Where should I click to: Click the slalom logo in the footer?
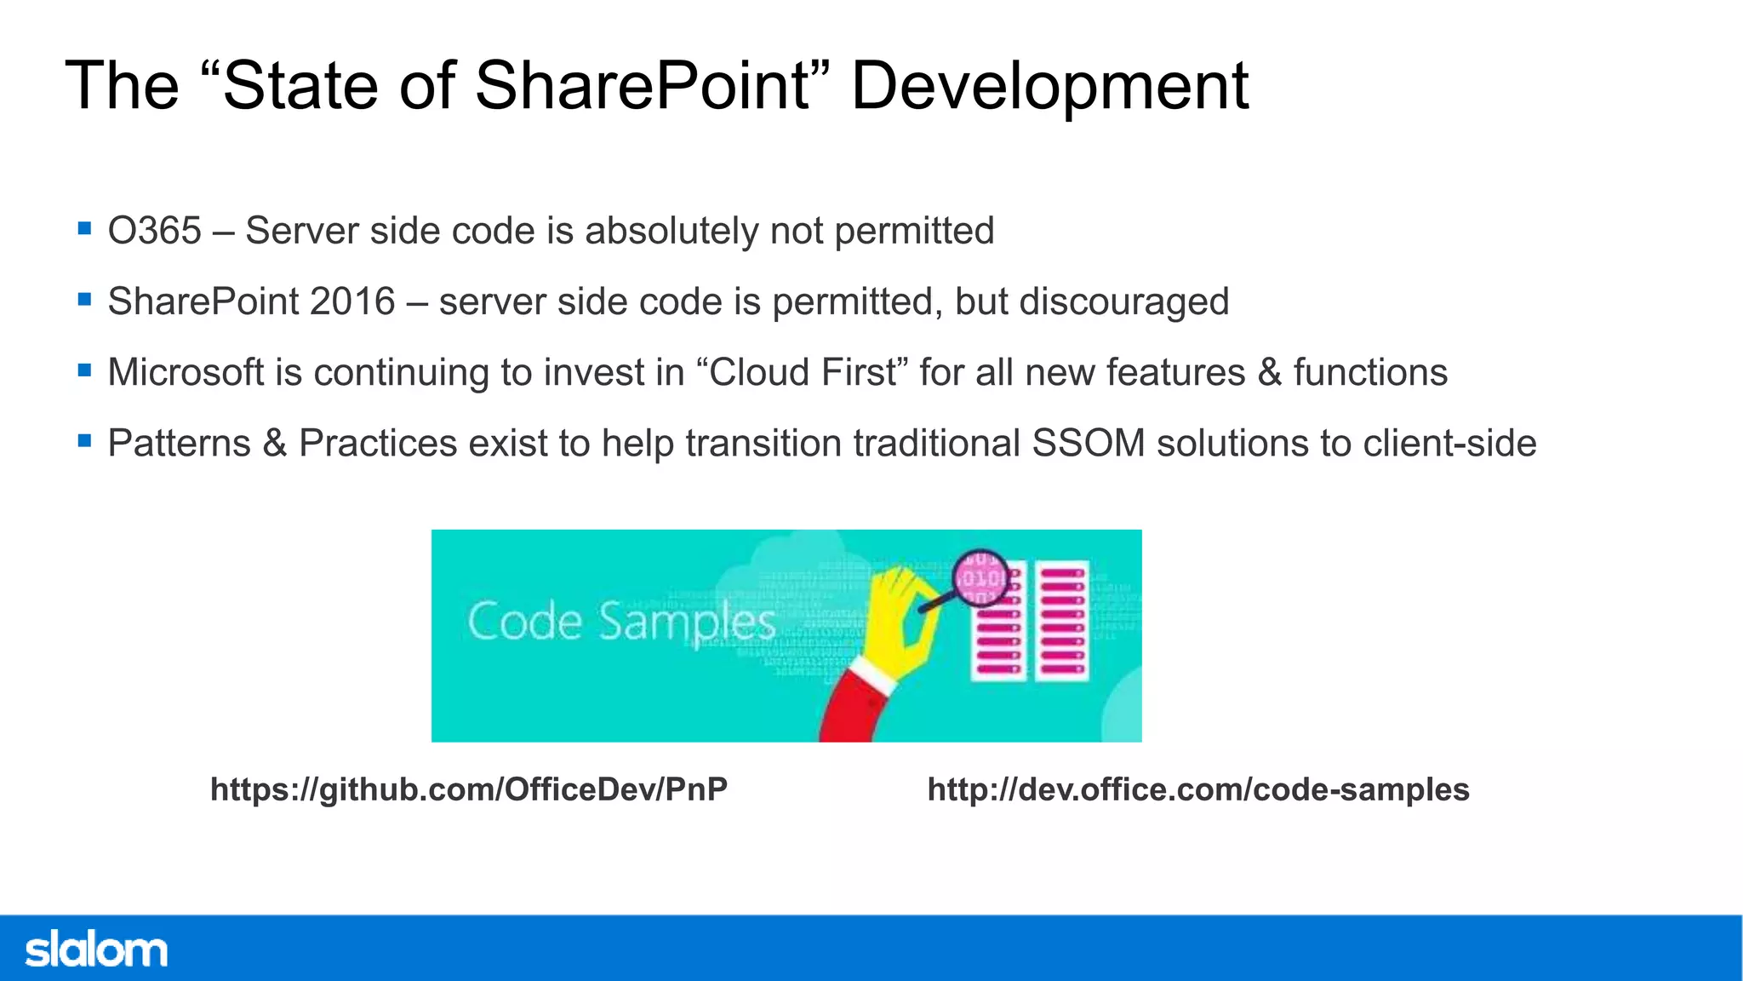95,949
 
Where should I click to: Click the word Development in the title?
1049,86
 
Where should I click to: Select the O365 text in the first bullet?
154,231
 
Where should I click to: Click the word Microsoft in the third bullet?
186,372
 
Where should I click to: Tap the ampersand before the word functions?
1269,372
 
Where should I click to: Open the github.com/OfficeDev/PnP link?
469,789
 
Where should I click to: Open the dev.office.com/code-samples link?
1198,789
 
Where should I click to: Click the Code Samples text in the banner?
621,622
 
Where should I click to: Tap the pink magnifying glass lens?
980,578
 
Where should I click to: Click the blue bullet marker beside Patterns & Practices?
84,441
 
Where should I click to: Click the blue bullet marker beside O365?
84,228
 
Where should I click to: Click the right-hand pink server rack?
1062,621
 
